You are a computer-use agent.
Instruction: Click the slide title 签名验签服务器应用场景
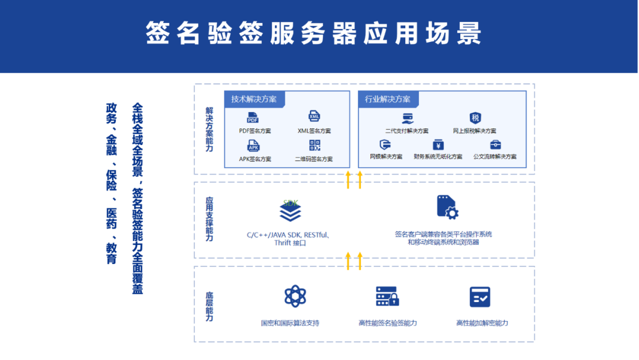tap(314, 33)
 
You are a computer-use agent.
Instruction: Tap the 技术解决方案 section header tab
tap(254, 99)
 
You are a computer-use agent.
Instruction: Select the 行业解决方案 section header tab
tap(388, 99)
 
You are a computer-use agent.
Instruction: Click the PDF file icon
tap(253, 118)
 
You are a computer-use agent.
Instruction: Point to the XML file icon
tap(314, 116)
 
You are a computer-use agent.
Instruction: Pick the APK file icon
tap(253, 146)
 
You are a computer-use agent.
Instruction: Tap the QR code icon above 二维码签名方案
tap(315, 145)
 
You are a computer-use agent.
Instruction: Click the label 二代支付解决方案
tap(406, 131)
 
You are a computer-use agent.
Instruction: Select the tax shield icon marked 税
tap(475, 118)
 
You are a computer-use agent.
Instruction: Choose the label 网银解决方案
tap(386, 156)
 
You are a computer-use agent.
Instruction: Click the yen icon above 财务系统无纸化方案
tap(438, 144)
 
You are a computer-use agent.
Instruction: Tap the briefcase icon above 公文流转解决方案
tap(496, 144)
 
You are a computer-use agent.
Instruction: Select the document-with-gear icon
tap(447, 207)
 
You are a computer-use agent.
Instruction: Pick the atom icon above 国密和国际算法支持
tap(295, 297)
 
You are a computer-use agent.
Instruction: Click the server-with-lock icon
tap(387, 297)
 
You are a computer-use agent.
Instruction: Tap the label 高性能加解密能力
tap(482, 323)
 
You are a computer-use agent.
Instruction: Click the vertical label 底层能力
tap(209, 307)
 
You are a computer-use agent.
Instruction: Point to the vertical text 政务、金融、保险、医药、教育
tap(111, 184)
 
